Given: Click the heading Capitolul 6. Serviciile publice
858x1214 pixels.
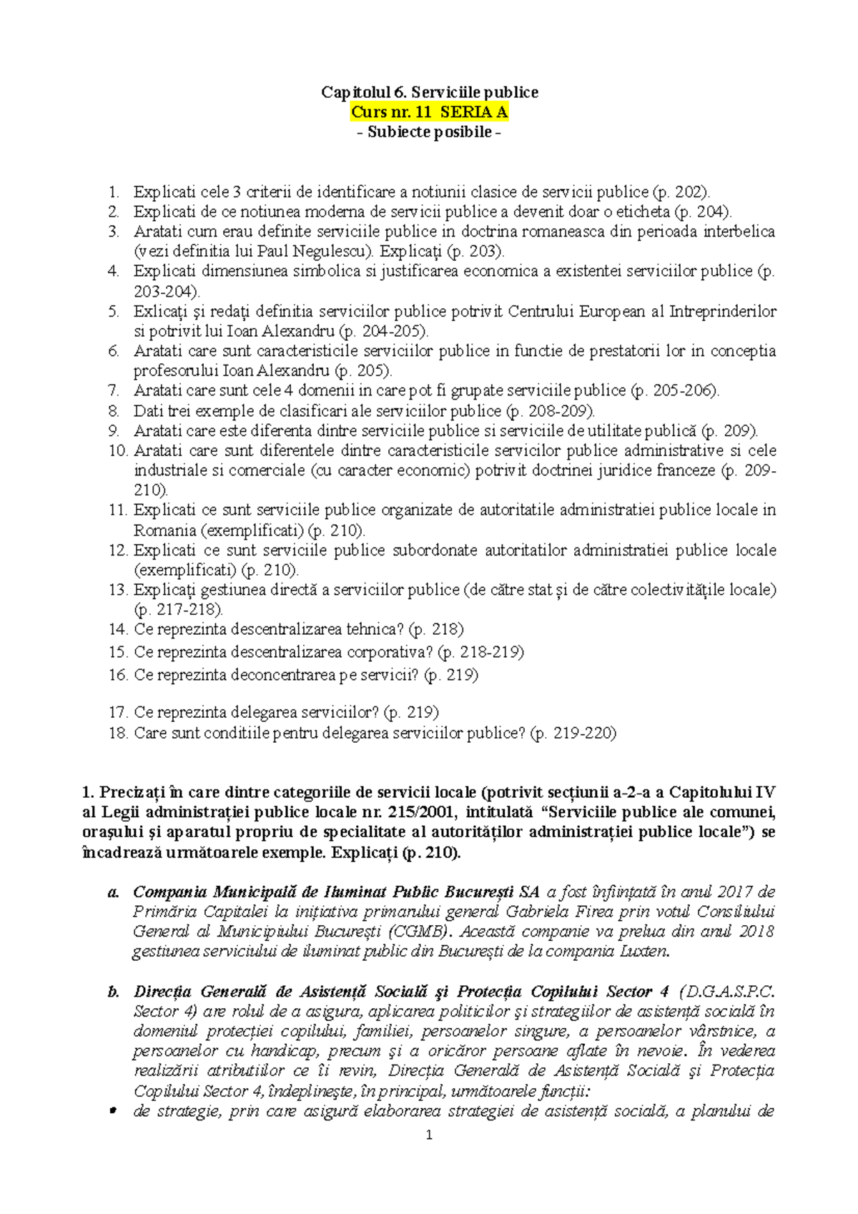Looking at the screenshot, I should click(429, 92).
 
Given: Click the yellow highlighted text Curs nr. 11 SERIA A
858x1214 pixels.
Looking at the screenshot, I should click(429, 112).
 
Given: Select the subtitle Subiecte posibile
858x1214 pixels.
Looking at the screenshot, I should click(429, 132).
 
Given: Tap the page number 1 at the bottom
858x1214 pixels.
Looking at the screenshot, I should click(429, 1135).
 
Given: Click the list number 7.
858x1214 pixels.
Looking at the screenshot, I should click(114, 391).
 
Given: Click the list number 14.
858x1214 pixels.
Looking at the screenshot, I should click(117, 630).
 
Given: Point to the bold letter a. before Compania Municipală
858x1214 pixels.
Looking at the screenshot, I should click(112, 892).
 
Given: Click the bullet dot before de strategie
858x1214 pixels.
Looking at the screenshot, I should click(112, 1111).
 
